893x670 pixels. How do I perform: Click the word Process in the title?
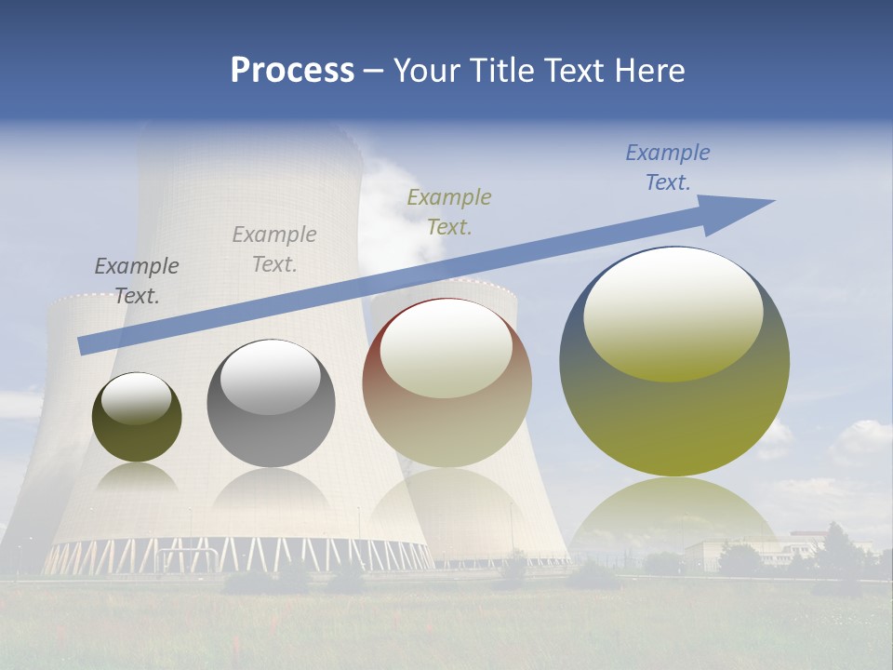point(292,71)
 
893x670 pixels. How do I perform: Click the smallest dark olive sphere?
point(137,418)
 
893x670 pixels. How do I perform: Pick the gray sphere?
point(271,404)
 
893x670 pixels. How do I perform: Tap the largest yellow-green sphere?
point(674,362)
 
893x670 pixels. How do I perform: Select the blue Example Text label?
point(668,167)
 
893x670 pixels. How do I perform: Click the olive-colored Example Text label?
point(449,211)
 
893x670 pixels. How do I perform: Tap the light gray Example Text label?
point(274,248)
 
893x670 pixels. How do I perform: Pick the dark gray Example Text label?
point(137,280)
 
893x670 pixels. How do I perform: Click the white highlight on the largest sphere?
point(673,314)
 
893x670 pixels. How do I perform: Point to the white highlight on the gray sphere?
point(270,377)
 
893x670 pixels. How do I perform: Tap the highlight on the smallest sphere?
point(137,398)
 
